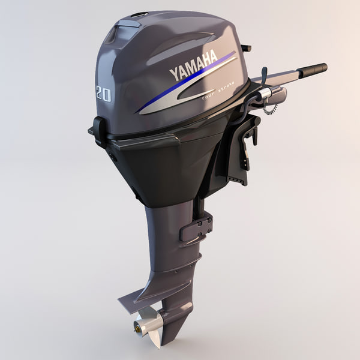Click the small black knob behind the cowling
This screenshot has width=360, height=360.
click(x=246, y=48)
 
